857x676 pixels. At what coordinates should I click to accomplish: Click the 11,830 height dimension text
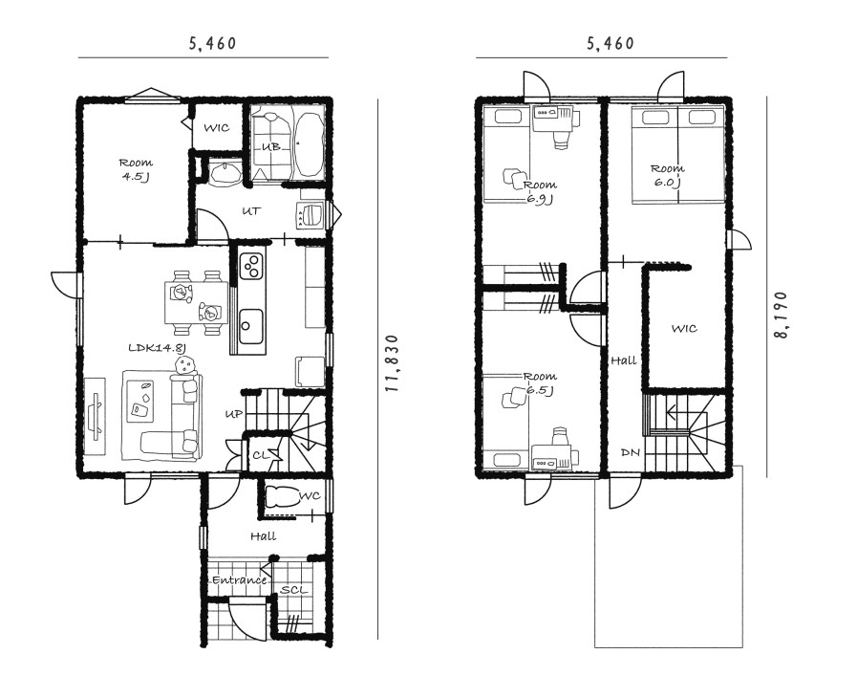393,362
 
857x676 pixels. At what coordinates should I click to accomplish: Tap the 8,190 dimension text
782,315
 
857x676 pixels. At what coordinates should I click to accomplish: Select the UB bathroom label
271,146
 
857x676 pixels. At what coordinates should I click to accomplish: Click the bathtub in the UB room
309,144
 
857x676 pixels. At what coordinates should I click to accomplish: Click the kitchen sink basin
251,326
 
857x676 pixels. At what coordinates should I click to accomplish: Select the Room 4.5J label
135,169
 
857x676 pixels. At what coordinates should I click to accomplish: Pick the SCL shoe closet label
293,590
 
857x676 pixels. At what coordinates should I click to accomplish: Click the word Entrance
240,579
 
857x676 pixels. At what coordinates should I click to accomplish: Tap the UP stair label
234,414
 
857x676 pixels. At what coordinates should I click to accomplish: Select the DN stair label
631,452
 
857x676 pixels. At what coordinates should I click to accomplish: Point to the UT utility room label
251,210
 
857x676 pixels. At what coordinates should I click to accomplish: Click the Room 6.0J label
667,175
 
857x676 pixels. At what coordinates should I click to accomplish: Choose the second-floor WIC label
684,328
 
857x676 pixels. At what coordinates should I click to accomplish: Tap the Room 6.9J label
540,191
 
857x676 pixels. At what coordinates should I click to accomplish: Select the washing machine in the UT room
311,214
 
